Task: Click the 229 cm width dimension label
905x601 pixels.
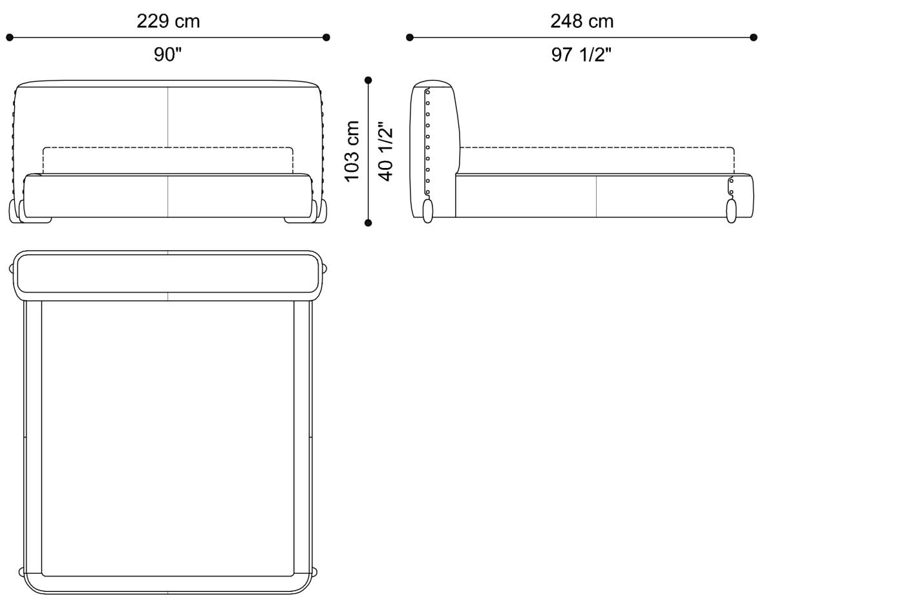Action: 168,21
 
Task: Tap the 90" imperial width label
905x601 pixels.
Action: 167,54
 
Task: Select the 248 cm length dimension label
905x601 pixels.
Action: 582,21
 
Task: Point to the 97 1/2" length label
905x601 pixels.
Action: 581,54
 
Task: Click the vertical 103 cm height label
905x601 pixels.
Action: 352,151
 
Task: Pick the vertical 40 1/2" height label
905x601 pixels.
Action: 386,151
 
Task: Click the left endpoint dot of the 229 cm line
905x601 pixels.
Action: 10,37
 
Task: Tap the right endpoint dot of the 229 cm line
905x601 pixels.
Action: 326,37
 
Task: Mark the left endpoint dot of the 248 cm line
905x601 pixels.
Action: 410,37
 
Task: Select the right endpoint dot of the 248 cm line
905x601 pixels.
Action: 754,37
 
